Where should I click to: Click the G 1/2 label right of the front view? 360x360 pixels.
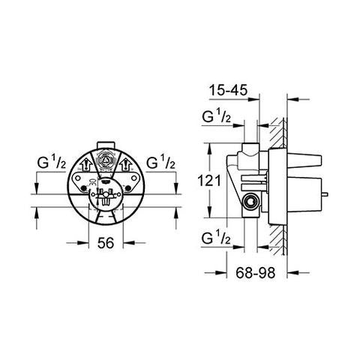[160, 162]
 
